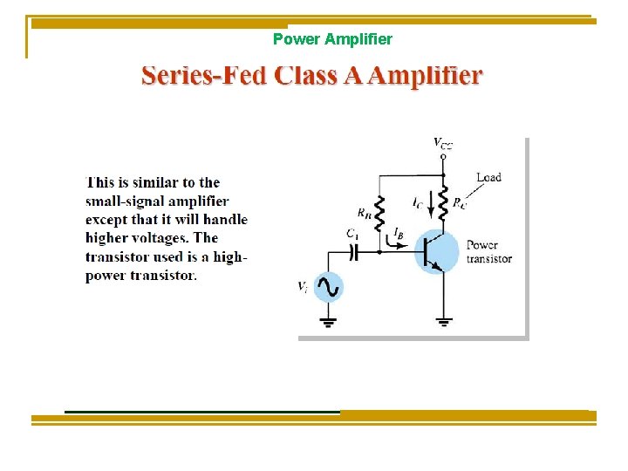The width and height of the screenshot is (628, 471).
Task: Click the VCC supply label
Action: (x=443, y=143)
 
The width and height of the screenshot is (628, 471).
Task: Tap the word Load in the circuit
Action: (x=488, y=177)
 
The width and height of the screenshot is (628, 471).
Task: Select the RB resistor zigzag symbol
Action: (x=379, y=215)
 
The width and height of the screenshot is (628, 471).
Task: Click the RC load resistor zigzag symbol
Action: (x=444, y=202)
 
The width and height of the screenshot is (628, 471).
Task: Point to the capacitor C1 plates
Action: (x=353, y=251)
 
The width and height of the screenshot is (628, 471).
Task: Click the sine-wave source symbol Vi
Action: (x=328, y=287)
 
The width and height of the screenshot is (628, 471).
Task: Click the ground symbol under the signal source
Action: (x=328, y=320)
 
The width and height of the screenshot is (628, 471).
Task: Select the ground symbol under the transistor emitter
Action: (x=444, y=320)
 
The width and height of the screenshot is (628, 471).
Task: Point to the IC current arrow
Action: (x=430, y=202)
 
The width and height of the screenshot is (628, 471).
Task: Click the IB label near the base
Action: (x=399, y=234)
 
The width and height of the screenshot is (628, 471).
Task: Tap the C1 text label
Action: (x=352, y=234)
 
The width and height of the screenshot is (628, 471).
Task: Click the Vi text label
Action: (x=303, y=286)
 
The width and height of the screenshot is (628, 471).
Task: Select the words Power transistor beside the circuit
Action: (x=488, y=251)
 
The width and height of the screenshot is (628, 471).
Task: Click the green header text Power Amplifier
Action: (x=332, y=39)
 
